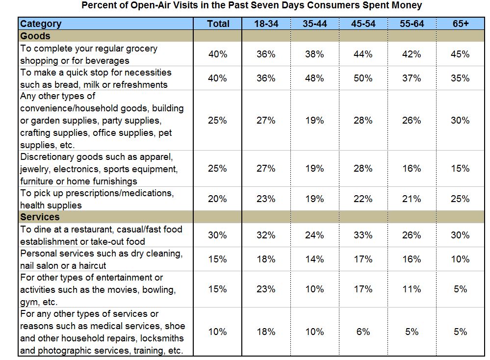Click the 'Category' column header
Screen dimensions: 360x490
[41, 24]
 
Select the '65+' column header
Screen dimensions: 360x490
[460, 24]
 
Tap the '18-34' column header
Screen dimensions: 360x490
[266, 24]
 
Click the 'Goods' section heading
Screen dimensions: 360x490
[35, 36]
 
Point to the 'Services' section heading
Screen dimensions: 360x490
[40, 217]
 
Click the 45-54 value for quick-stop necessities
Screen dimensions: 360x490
[363, 78]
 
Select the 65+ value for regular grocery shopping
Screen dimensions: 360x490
[460, 54]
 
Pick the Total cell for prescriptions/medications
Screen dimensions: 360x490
[218, 199]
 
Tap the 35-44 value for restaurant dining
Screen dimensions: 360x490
[314, 235]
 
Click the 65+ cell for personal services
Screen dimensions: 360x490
[460, 259]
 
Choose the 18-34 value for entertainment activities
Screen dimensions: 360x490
[266, 289]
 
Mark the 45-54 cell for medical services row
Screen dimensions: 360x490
[363, 332]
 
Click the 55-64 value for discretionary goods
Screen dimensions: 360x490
[411, 169]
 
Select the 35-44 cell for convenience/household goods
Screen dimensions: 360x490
[314, 121]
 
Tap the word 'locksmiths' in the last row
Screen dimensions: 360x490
[160, 338]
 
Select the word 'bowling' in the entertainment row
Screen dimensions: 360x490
[158, 290]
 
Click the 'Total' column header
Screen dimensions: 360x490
[218, 24]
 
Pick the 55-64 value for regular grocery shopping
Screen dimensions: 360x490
[411, 54]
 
